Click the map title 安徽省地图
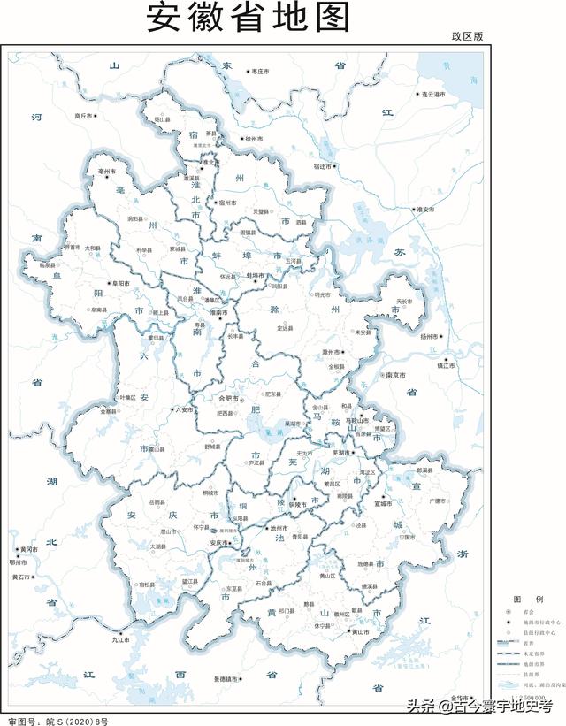click(249, 18)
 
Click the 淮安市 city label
click(425, 210)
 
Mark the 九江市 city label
click(121, 638)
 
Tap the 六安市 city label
click(185, 409)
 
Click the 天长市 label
click(404, 302)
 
